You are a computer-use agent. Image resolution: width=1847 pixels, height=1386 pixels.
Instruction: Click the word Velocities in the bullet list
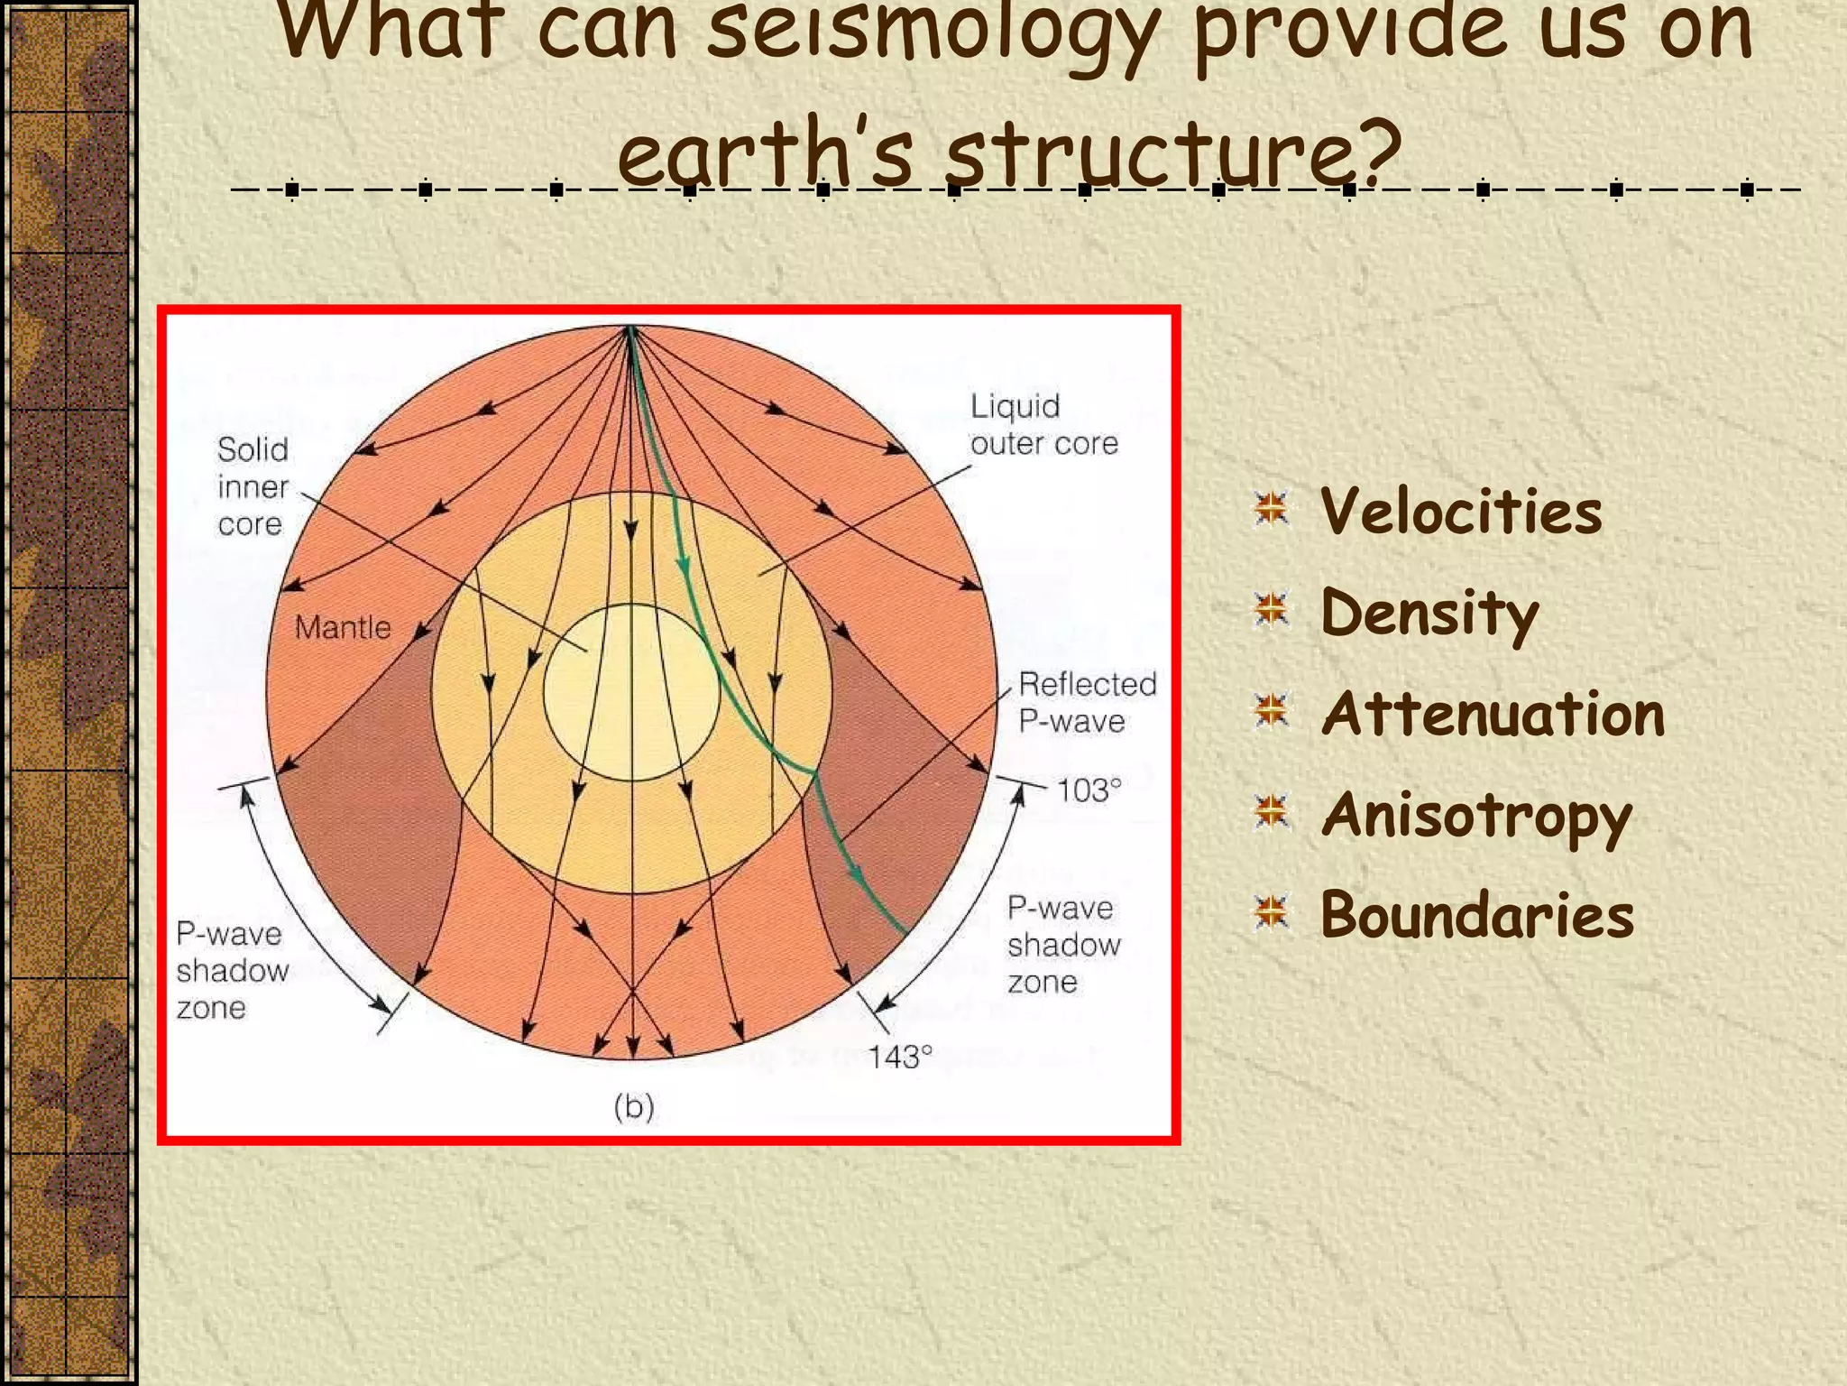pyautogui.click(x=1461, y=512)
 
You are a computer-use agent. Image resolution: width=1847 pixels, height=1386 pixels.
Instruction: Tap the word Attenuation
pyautogui.click(x=1493, y=714)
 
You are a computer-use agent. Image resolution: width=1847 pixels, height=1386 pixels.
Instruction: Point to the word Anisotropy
pyautogui.click(x=1476, y=815)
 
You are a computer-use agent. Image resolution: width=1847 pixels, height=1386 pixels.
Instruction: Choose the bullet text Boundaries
pyautogui.click(x=1477, y=915)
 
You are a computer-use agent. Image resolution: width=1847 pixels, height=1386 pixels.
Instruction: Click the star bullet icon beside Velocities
pyautogui.click(x=1272, y=509)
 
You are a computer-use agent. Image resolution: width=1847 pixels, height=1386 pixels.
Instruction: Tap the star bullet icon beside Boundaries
pyautogui.click(x=1272, y=912)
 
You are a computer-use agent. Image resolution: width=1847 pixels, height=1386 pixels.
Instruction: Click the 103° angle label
pyautogui.click(x=1089, y=790)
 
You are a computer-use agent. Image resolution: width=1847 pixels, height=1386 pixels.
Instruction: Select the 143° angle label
pyautogui.click(x=899, y=1057)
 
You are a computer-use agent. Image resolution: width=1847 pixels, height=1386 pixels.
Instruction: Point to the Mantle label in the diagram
pyautogui.click(x=343, y=627)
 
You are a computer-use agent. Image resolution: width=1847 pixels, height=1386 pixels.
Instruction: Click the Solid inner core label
pyautogui.click(x=253, y=486)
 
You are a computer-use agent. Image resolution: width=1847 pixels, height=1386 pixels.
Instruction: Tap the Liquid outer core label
pyautogui.click(x=1043, y=425)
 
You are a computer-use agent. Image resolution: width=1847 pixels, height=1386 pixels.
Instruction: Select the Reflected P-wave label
pyautogui.click(x=1087, y=702)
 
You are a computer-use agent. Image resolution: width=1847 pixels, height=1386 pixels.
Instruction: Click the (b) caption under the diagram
pyautogui.click(x=634, y=1106)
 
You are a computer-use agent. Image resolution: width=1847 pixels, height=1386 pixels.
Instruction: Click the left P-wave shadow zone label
pyautogui.click(x=232, y=971)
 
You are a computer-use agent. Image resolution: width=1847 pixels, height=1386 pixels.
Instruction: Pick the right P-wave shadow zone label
pyautogui.click(x=1063, y=945)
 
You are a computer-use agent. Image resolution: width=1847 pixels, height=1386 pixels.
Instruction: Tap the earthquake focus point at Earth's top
pyautogui.click(x=631, y=328)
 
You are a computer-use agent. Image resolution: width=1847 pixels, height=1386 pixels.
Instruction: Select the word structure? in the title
pyautogui.click(x=1172, y=153)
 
